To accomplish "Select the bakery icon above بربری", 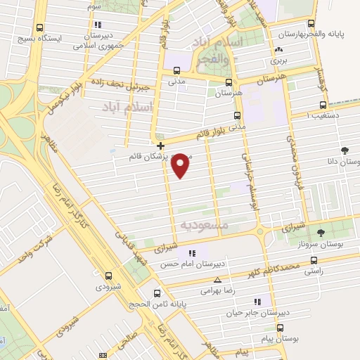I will point(280,50).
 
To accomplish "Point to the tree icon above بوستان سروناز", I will point(321,232).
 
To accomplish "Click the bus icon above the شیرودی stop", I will point(108,276).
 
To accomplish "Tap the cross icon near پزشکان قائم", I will point(161,146).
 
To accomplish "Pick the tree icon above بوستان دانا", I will point(344,150).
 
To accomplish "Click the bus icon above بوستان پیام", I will point(280,328).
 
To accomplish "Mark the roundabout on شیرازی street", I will point(260,231).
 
